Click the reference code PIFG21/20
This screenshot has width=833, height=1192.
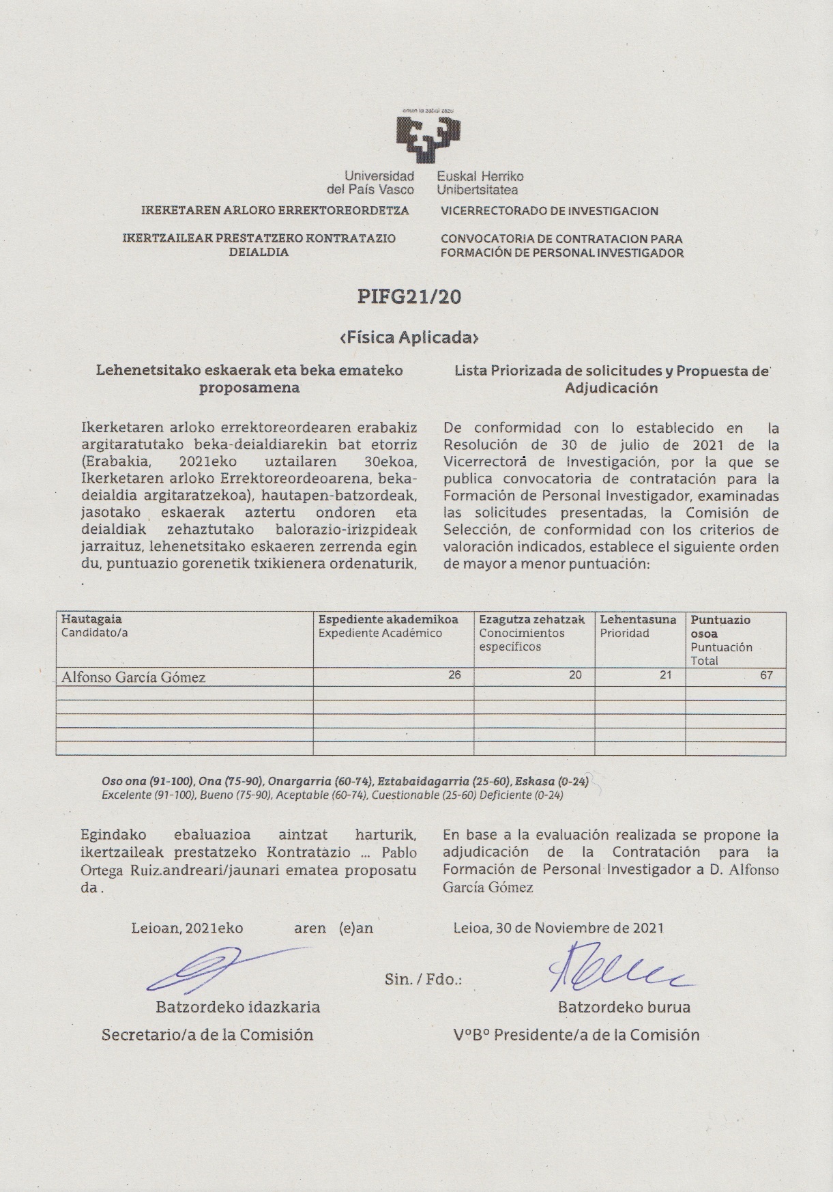click(409, 296)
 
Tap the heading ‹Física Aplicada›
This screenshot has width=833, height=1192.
click(409, 337)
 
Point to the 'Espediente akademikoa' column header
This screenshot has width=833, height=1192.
click(388, 619)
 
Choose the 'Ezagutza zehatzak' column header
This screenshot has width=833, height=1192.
click(532, 619)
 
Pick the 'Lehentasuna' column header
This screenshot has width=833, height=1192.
click(638, 619)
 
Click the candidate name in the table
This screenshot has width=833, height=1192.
click(134, 677)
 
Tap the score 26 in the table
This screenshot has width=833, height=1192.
click(454, 675)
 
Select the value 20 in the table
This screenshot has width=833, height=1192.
click(575, 675)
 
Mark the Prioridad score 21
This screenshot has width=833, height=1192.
click(665, 675)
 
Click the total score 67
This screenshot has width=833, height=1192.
click(766, 675)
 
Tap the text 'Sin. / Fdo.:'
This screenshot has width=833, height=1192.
click(423, 980)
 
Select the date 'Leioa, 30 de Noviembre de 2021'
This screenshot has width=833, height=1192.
click(558, 928)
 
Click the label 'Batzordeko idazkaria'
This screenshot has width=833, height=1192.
click(237, 1007)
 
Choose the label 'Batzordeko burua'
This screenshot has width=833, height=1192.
click(624, 1007)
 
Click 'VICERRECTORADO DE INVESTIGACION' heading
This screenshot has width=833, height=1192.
click(549, 211)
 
